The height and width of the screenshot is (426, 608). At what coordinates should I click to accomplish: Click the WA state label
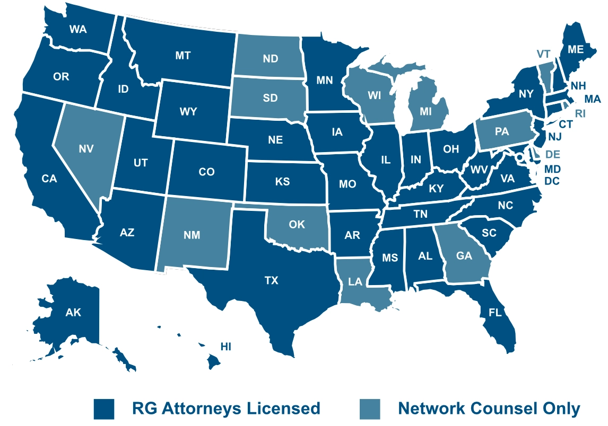77,29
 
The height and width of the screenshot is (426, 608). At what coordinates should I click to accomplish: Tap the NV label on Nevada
86,149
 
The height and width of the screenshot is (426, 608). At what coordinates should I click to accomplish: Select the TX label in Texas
271,281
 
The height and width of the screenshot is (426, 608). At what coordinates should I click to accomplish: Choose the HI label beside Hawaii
226,347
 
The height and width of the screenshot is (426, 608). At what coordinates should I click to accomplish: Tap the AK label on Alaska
73,312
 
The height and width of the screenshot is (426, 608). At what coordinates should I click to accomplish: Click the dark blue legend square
104,409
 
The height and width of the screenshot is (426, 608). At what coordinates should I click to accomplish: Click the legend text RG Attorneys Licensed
226,409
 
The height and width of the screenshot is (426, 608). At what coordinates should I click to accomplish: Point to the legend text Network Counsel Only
489,409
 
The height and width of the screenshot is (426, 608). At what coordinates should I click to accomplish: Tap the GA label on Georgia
464,255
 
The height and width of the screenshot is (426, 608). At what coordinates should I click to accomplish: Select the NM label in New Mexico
192,235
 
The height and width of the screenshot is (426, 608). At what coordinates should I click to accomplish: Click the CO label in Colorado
206,172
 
